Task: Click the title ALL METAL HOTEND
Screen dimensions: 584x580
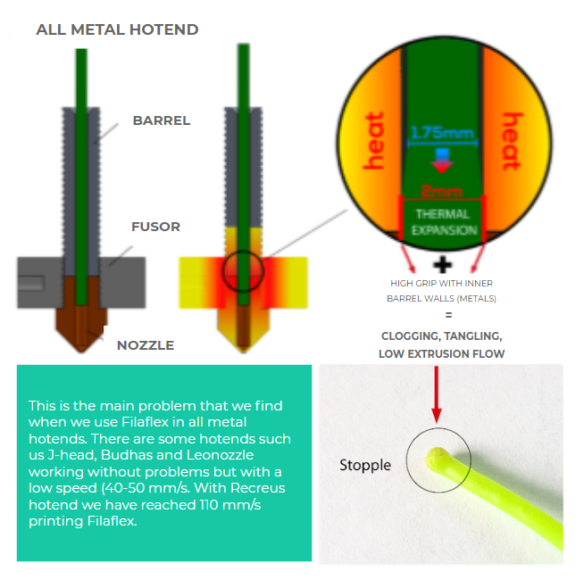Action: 117,29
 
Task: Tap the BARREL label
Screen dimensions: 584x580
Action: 162,120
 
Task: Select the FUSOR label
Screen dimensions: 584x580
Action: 155,227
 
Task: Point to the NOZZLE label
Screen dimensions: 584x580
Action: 146,345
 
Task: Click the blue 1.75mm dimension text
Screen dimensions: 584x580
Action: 442,133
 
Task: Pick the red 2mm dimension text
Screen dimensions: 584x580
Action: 442,191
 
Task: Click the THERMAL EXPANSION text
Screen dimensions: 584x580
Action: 444,222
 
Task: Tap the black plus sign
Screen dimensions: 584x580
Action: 443,265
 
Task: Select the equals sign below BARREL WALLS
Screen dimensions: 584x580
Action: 449,315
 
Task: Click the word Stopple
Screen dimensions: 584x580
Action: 365,466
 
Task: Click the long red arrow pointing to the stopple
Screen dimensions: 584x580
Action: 437,394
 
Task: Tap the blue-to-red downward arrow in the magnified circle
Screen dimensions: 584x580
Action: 442,161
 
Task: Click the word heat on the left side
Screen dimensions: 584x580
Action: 373,141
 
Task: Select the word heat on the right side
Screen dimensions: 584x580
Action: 513,142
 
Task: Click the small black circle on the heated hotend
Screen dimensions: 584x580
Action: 243,252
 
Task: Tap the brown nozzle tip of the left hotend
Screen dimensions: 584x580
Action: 81,349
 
